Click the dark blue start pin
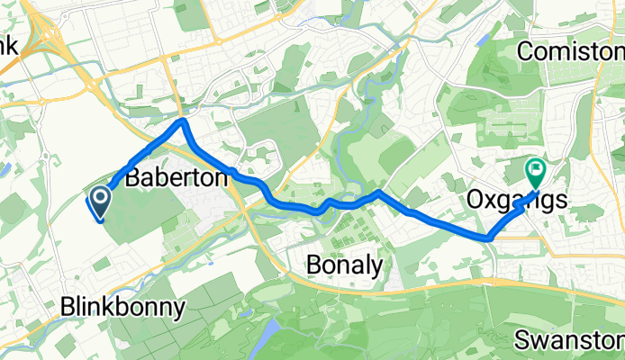click(x=99, y=199)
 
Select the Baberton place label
click(x=177, y=179)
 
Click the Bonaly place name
click(x=343, y=265)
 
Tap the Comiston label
click(x=570, y=52)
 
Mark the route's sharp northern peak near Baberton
click(x=183, y=121)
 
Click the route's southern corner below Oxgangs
click(x=489, y=238)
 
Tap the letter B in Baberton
click(x=132, y=179)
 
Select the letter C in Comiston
click(x=525, y=52)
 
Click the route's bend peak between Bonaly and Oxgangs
click(x=379, y=193)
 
